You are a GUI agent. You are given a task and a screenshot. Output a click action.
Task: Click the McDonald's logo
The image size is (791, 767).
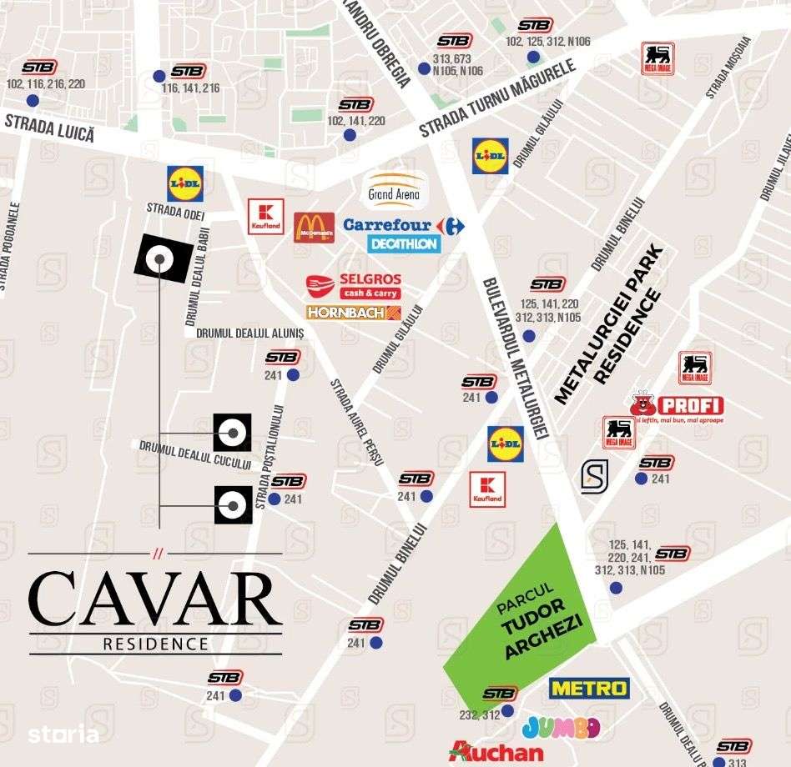314,227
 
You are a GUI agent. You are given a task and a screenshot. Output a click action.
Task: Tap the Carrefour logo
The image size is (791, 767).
403,225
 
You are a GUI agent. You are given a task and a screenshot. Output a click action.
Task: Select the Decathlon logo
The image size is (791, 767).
403,243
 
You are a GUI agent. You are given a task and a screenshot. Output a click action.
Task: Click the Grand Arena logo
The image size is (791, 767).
393,191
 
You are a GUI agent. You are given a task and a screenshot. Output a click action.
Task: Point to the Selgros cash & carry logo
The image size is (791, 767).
354,286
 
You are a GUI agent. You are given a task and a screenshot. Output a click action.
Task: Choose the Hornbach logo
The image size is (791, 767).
354,313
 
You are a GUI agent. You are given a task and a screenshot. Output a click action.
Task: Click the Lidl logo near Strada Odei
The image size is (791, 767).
184,183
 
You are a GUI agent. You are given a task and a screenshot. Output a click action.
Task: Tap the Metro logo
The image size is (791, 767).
589,688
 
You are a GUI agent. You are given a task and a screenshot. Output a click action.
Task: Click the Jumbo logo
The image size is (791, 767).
561,727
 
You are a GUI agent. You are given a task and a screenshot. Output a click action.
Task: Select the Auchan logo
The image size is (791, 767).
496,751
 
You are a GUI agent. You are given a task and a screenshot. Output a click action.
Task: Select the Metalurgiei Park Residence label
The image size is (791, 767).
608,326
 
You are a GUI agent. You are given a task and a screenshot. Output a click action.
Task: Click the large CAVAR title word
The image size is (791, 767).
155,599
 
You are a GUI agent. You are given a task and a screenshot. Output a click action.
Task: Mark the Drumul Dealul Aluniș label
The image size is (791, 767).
249,332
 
